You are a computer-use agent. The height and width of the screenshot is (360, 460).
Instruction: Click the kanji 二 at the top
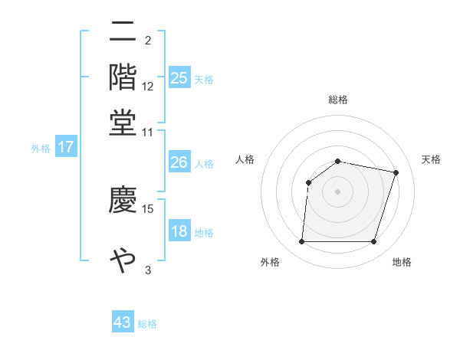(x=123, y=32)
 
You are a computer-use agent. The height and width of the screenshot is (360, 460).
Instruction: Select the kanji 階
(x=123, y=77)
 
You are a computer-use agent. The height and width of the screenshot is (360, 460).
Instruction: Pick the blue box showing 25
(x=179, y=78)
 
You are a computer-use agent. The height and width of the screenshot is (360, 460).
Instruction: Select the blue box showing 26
(x=179, y=162)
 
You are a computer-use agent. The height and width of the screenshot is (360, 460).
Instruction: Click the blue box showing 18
(x=179, y=231)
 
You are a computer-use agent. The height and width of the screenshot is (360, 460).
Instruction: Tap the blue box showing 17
(x=66, y=147)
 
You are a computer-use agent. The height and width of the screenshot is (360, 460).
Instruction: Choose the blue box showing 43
(x=123, y=322)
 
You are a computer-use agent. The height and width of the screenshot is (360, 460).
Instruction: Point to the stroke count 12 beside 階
(x=148, y=87)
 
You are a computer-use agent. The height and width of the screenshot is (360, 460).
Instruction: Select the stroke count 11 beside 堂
(x=148, y=132)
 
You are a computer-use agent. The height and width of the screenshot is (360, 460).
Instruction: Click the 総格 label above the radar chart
(x=338, y=100)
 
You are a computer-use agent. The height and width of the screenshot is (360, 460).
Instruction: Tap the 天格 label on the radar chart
(x=431, y=159)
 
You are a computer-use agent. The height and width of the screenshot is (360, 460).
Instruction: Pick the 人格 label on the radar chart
(x=245, y=159)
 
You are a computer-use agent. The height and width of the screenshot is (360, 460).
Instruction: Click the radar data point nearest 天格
(x=396, y=172)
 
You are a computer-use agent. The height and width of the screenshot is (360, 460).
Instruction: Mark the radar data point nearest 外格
(x=301, y=242)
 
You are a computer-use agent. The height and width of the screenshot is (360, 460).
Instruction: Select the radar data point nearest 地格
(x=374, y=242)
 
